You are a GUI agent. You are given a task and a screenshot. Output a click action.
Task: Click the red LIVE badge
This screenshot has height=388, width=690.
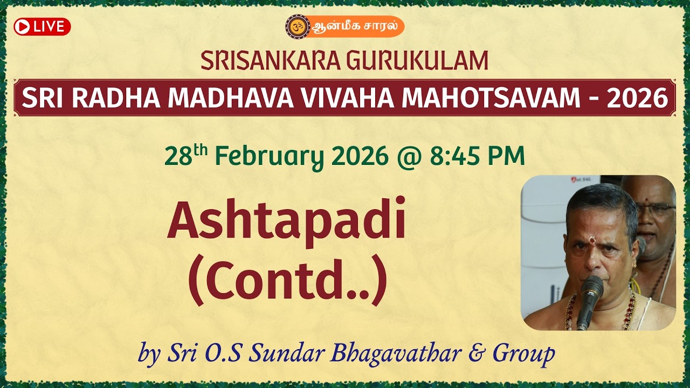click(42, 26)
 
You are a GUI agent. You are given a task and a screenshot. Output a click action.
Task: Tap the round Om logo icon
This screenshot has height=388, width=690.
click(298, 26)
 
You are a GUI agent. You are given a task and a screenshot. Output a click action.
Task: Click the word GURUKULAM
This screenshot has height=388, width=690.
click(418, 61)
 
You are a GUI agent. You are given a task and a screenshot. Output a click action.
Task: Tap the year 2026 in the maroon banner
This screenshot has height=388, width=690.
click(637, 98)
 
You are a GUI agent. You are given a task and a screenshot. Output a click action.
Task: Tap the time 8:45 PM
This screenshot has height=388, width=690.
click(477, 157)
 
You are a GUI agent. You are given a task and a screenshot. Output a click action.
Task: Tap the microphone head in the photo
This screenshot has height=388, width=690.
click(592, 288)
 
